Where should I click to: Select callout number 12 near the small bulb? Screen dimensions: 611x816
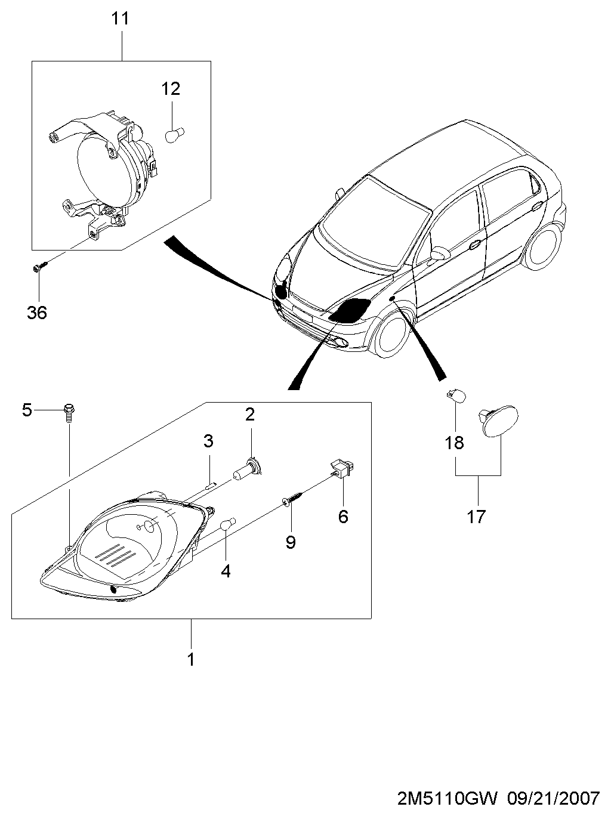click(171, 88)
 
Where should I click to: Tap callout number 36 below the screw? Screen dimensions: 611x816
click(37, 313)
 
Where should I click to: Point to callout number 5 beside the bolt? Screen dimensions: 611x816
click(27, 410)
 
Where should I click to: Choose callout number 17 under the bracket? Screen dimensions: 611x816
click(476, 517)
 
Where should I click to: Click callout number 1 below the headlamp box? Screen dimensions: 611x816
click(191, 660)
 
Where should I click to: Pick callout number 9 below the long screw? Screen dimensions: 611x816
click(291, 542)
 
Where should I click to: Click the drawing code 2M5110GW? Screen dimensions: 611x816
click(448, 798)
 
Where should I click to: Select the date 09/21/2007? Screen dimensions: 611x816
click(554, 798)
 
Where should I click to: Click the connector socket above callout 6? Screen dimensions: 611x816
click(341, 468)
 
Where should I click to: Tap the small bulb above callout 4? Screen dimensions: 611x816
click(228, 524)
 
